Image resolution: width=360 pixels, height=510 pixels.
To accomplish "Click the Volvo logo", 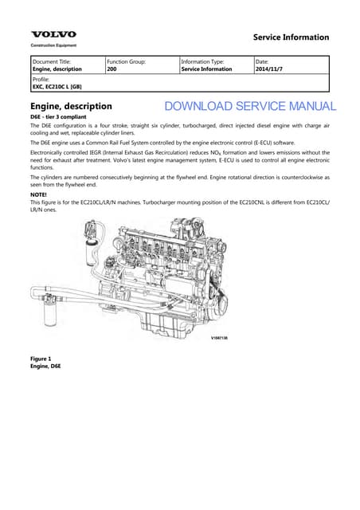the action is (53, 34).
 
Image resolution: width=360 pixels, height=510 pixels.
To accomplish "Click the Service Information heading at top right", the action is (291, 37).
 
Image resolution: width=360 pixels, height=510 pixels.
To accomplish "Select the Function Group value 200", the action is (112, 69).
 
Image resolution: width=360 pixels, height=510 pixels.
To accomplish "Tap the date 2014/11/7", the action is (269, 69).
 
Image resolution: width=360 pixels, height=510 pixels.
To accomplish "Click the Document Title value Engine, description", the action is (57, 69).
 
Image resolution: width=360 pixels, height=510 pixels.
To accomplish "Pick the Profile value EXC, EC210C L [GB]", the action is (57, 87).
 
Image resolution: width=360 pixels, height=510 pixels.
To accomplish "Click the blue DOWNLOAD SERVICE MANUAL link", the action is (250, 106).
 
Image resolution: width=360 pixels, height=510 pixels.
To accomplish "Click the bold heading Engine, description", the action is (71, 106).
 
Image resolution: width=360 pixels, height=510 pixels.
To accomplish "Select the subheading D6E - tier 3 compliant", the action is (58, 117).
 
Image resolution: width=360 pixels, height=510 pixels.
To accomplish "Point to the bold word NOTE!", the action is (38, 194).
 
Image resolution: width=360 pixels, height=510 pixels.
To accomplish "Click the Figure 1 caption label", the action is (41, 359).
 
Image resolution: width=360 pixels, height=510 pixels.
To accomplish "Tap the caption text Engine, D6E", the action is (45, 366).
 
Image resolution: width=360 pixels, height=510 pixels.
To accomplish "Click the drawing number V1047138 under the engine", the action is (219, 338).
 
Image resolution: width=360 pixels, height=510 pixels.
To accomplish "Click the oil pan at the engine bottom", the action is (166, 325).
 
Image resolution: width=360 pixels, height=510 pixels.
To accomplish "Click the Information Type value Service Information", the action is (206, 69).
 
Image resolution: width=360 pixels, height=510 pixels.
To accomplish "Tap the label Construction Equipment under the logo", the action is (53, 45).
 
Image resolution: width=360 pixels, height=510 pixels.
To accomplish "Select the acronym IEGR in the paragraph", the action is (95, 152).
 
